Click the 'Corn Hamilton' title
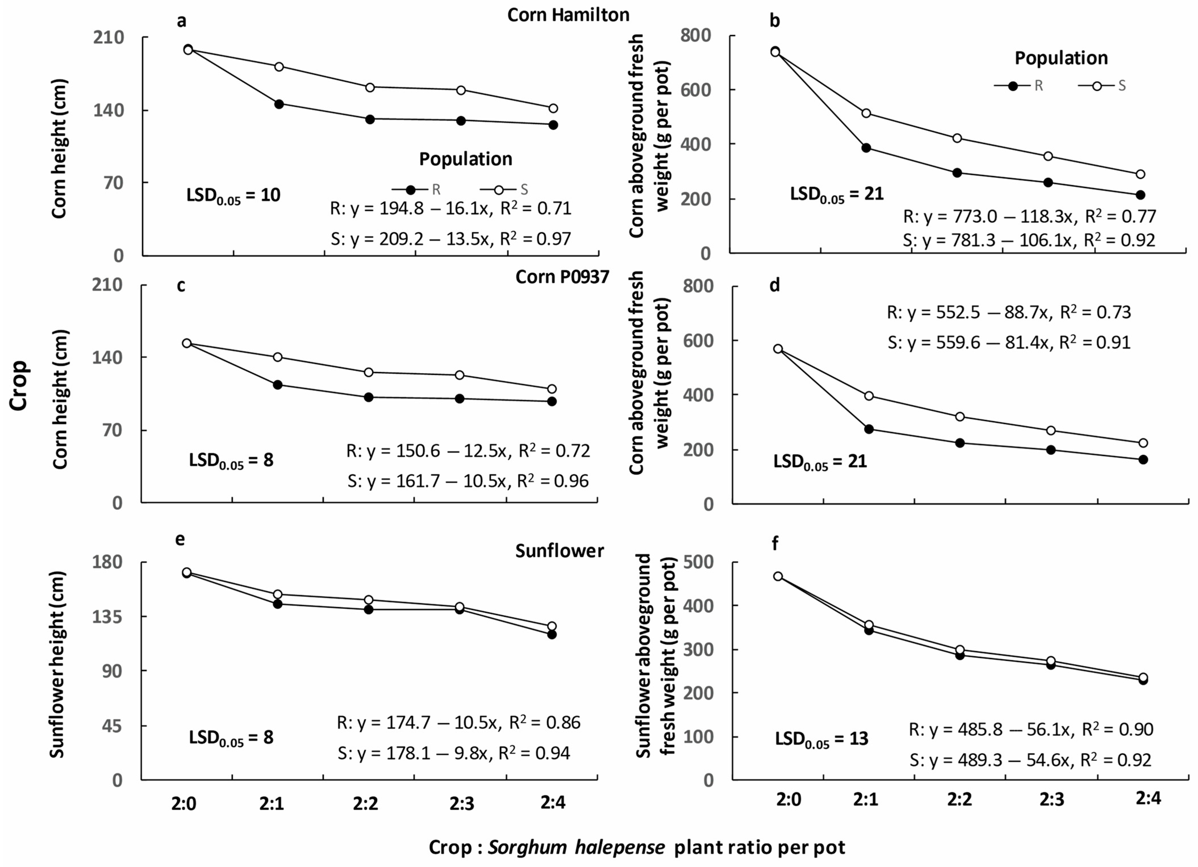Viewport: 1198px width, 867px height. tap(568, 15)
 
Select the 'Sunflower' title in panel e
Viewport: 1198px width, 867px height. tap(560, 551)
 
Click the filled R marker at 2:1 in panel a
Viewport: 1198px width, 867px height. tap(279, 104)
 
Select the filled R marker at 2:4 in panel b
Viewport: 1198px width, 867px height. tap(1140, 195)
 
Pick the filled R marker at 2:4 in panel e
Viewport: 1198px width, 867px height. tap(552, 634)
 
